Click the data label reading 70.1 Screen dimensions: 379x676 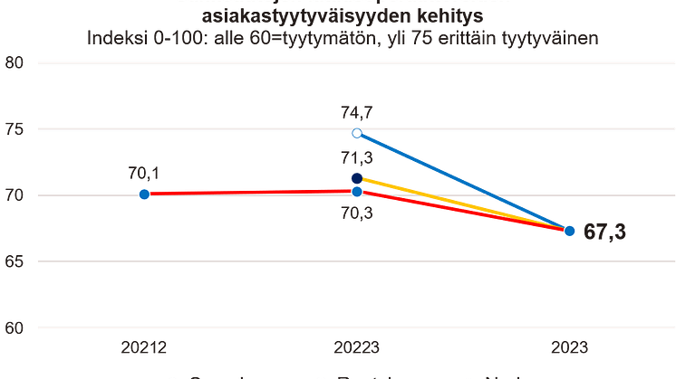click(144, 173)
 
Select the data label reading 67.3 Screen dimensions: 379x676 click(605, 233)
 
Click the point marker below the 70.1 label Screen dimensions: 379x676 click(143, 193)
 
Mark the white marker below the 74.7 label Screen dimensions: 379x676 click(356, 134)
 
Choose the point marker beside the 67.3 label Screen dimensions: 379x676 click(569, 231)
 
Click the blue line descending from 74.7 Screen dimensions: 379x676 click(462, 182)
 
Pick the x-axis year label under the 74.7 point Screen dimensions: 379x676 click(356, 347)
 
